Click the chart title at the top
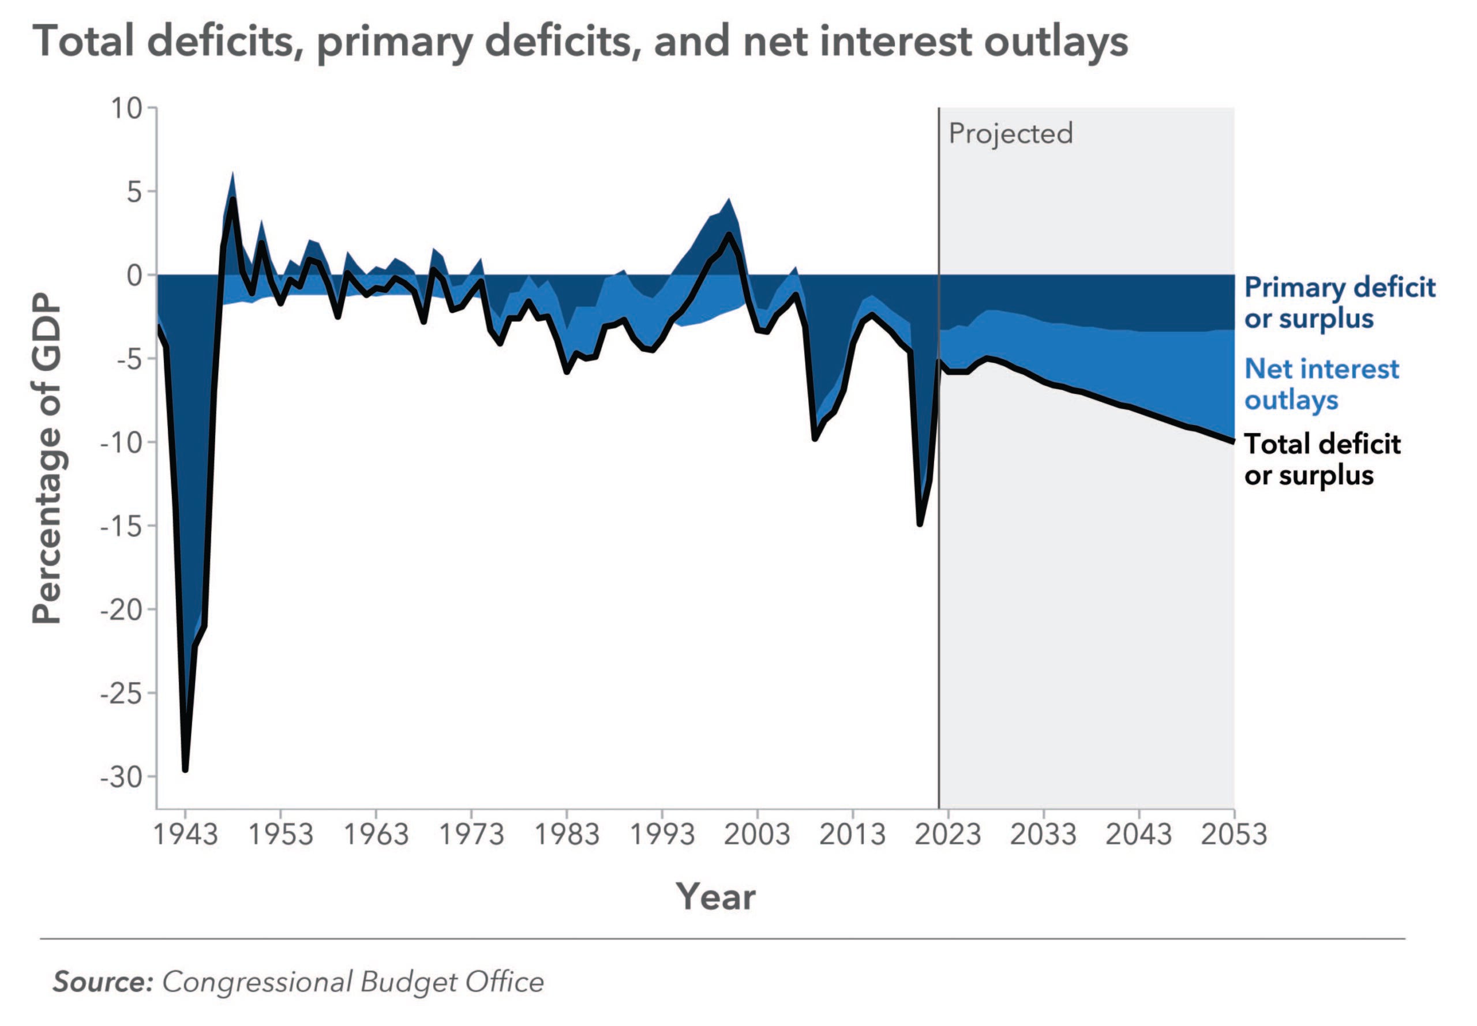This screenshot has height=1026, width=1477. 580,41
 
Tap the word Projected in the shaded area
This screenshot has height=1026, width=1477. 1010,134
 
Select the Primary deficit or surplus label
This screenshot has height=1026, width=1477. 1339,303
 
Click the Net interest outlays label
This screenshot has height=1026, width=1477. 1321,384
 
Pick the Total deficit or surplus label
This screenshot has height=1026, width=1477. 1321,460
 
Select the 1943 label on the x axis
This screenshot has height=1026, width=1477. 185,835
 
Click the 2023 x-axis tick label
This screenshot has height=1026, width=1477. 948,835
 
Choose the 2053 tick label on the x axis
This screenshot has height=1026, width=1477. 1234,835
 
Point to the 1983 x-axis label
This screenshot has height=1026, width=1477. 567,835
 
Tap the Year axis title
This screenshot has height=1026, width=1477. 715,896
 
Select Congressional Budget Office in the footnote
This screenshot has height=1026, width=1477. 353,982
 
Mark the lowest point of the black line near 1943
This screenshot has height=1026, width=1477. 185,769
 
